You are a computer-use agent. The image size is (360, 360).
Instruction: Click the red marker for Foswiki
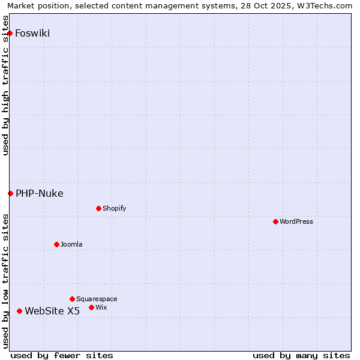point(10,33)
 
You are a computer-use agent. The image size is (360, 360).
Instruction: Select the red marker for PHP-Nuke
point(10,193)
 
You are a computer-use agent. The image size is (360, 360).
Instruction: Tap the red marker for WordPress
point(275,221)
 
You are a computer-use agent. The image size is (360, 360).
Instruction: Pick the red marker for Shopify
point(98,208)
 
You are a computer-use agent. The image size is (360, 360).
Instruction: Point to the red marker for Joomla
point(56,244)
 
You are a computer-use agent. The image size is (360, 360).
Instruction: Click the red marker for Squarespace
point(72,299)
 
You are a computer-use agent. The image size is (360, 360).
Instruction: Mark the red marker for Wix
point(91,307)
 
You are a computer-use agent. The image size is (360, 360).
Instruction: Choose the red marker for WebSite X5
point(19,311)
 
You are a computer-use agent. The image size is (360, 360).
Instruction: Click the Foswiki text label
point(32,33)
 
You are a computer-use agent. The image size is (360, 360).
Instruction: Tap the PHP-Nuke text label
point(40,193)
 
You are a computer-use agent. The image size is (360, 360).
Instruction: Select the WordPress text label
point(296,221)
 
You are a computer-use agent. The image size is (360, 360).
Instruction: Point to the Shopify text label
point(115,208)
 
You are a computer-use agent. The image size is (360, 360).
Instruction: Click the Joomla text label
point(71,244)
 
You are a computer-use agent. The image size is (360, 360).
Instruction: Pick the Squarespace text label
point(97,299)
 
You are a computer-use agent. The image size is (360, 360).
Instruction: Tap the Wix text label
point(101,307)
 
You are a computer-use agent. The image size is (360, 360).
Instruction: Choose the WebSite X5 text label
point(52,311)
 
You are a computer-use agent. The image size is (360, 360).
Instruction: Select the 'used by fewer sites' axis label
point(62,355)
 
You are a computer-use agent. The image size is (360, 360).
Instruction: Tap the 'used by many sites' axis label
point(301,355)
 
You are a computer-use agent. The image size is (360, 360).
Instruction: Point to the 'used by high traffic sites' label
point(6,85)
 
